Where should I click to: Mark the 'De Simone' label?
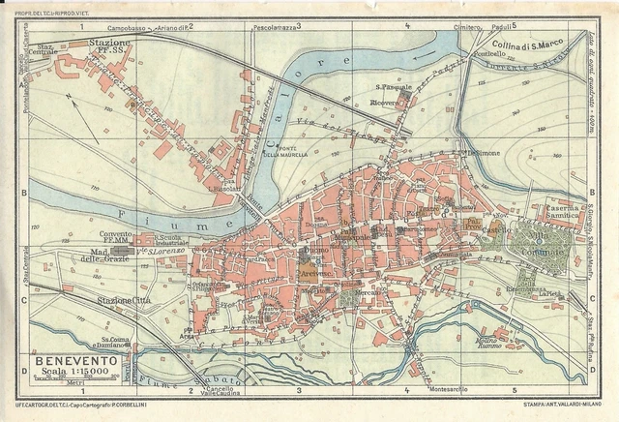tap(486, 152)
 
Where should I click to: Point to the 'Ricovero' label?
tap(396, 101)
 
